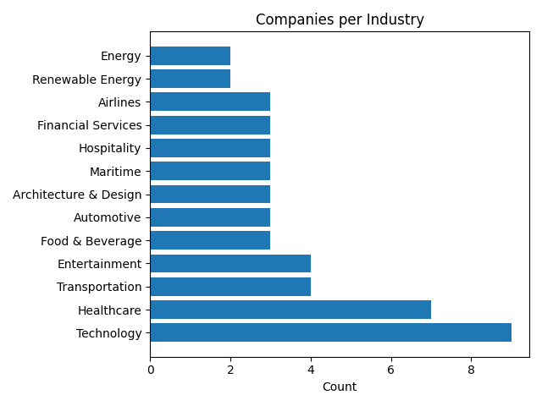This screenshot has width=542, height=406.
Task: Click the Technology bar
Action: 330,332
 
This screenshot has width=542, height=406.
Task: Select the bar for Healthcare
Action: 290,310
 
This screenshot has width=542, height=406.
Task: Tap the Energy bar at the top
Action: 191,56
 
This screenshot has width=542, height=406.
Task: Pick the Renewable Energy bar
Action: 191,79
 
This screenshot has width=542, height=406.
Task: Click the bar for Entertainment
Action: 230,263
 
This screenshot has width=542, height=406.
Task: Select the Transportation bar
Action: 230,287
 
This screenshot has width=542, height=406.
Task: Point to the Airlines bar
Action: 210,101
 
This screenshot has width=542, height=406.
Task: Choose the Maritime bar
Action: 210,171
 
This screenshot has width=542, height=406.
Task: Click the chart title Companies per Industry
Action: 340,19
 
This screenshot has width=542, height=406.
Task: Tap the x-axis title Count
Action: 340,387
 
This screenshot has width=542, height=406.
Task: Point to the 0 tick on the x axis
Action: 151,369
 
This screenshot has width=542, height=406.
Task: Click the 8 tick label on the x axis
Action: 471,369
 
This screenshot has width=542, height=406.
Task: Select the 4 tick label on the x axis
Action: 311,369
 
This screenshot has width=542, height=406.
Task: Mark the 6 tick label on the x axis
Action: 391,369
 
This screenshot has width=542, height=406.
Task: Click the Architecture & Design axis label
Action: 77,195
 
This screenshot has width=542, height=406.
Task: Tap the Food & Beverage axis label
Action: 91,241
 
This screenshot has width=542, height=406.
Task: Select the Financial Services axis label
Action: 90,125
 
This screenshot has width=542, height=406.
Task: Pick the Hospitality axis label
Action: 110,148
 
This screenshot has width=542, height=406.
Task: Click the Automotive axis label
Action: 108,217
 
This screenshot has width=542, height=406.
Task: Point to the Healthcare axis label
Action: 110,310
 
